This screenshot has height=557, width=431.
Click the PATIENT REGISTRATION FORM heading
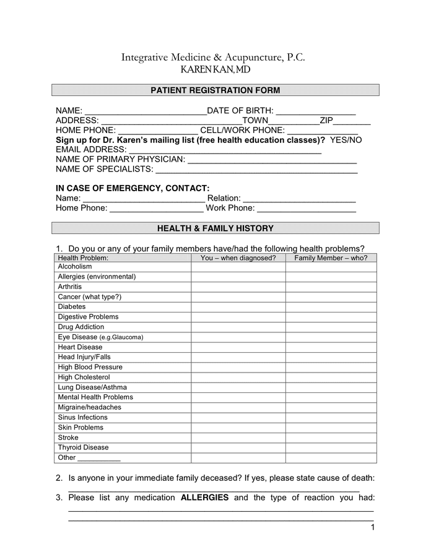tap(215, 90)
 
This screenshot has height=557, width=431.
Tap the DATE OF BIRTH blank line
tap(316, 111)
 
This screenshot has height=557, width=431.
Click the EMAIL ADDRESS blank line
tap(225, 150)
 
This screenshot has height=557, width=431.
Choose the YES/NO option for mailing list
tap(346, 140)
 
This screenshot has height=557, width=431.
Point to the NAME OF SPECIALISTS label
tap(104, 169)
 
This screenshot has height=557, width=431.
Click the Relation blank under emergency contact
tap(300, 199)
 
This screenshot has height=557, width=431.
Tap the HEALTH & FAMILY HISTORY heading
tap(215, 228)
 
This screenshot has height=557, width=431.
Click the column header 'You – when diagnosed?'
tap(238, 258)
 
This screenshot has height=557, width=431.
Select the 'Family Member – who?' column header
tap(331, 258)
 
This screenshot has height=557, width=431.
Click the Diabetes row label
tap(72, 307)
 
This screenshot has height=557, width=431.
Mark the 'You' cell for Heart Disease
tap(238, 347)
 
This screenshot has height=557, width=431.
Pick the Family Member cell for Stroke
tap(331, 438)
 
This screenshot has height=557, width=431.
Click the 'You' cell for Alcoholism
tap(238, 267)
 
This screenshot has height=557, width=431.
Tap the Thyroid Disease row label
tap(83, 447)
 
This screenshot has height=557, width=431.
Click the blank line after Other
tap(99, 458)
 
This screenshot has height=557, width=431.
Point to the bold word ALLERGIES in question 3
tap(204, 498)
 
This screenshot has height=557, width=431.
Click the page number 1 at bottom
tap(373, 527)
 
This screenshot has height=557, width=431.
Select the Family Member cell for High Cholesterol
tap(331, 377)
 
